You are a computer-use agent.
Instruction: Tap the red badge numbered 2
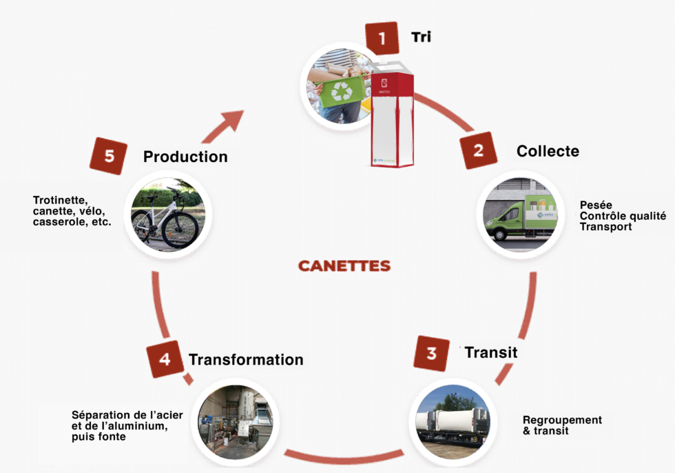pos(479,151)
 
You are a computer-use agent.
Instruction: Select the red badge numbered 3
pos(432,354)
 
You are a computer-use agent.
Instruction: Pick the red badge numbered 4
pos(165,359)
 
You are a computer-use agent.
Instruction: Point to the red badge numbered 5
pos(109,157)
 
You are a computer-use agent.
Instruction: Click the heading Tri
pos(421,37)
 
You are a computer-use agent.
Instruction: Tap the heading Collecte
pos(548,151)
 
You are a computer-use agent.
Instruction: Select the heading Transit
pos(490,352)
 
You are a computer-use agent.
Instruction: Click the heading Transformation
pos(246,360)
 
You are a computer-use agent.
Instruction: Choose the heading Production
pos(185,157)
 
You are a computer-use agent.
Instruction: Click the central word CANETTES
pos(344,266)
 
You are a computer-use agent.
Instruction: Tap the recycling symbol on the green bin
pos(341,91)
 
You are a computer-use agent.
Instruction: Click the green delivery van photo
pos(520,214)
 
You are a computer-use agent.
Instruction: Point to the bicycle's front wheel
pos(180,229)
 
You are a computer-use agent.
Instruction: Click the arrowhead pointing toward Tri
pos(233,119)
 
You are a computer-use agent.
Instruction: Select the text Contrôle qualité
pos(623,216)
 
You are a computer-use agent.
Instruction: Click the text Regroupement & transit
pos(562,425)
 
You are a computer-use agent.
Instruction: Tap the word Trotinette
pos(61,201)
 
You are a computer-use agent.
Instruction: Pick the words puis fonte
pos(98,436)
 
